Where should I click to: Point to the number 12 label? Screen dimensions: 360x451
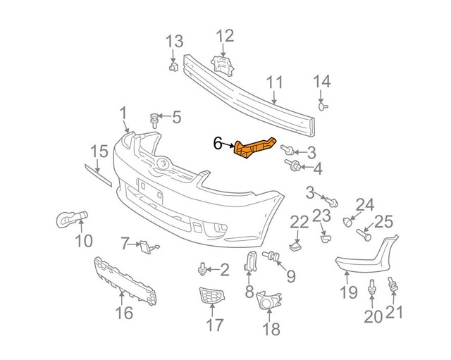pyautogui.click(x=224, y=36)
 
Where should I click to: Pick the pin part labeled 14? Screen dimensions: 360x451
pyautogui.click(x=323, y=106)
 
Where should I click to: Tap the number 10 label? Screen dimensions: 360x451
pyautogui.click(x=83, y=240)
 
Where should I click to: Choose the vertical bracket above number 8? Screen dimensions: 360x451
pyautogui.click(x=249, y=261)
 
